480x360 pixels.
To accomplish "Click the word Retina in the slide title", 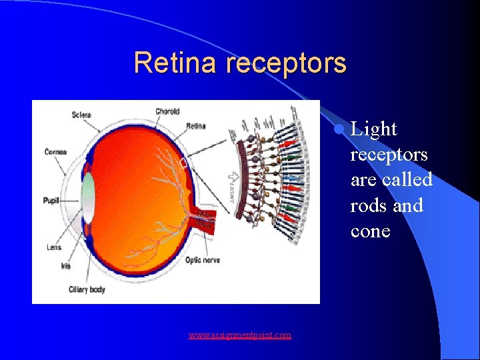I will coord(177,63).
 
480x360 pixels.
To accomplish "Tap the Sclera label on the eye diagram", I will coord(81,115).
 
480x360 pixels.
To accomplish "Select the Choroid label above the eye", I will coord(167,111).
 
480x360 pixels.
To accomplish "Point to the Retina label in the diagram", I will coord(195,125).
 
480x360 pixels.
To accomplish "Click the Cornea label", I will coord(56,152).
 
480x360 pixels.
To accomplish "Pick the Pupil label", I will coord(51,199).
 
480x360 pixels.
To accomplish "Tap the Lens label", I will coord(54,247).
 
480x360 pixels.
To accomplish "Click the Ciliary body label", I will coord(87,289).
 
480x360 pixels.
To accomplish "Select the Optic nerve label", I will coord(203,260).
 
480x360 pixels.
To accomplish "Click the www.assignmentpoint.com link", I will coord(239,335).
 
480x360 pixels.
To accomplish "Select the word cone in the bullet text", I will coord(370,231).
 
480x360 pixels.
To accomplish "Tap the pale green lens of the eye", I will coord(87,197).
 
